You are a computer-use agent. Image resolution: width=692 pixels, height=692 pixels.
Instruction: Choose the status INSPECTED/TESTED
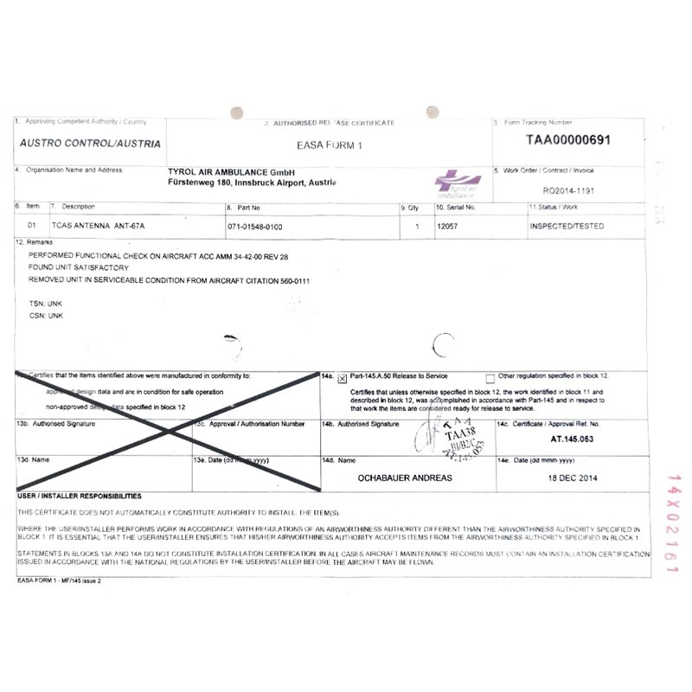click(567, 227)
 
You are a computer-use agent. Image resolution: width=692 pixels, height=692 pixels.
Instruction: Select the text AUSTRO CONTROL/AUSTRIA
click(90, 143)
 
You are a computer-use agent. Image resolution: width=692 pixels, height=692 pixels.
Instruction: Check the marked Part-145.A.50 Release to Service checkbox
click(343, 378)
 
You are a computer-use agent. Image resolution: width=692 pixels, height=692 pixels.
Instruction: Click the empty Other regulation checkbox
click(490, 378)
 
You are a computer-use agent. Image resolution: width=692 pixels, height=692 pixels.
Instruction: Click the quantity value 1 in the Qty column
click(417, 227)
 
